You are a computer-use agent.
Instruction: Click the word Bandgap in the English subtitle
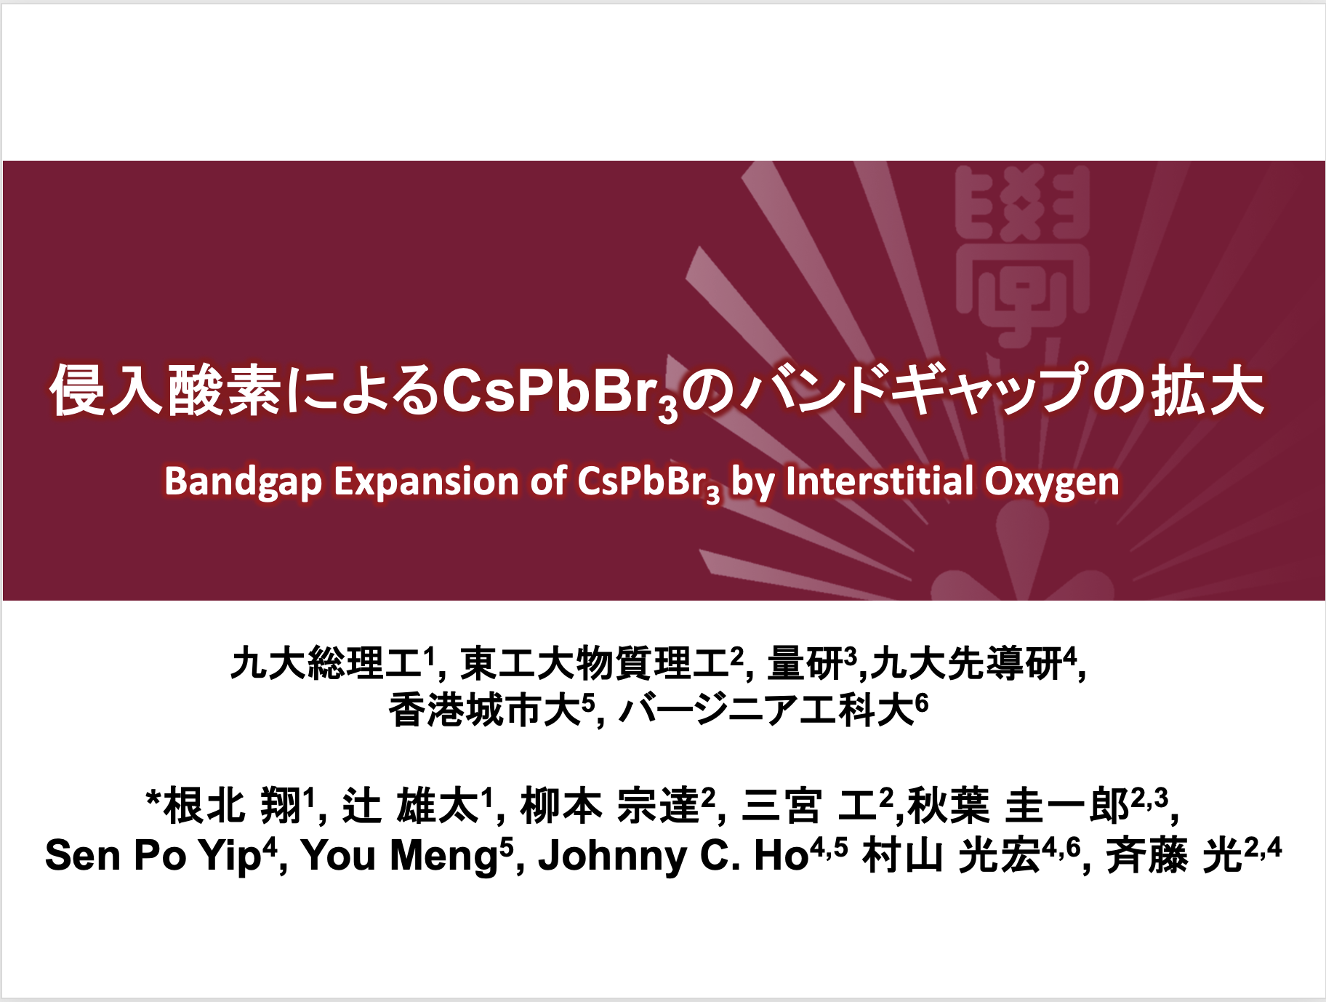click(x=243, y=482)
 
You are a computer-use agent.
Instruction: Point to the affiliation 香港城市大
click(x=485, y=710)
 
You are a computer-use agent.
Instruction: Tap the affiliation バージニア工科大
click(x=766, y=710)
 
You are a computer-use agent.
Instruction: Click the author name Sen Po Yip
click(x=153, y=855)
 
